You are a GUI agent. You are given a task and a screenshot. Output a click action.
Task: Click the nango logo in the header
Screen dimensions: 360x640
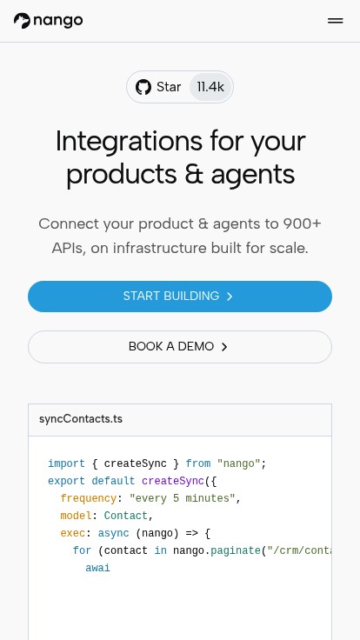point(48,20)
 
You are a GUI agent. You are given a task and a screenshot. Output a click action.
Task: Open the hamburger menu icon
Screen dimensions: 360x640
point(335,21)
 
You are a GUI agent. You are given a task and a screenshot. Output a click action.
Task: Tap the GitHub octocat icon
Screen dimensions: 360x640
point(143,87)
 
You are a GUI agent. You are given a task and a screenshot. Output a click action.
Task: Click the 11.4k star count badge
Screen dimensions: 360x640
point(210,87)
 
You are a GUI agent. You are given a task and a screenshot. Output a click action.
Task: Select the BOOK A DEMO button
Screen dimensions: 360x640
point(180,347)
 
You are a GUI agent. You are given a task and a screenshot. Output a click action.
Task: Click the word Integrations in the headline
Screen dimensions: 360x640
point(129,141)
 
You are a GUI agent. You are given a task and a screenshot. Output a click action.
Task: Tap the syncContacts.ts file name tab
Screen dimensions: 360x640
point(81,419)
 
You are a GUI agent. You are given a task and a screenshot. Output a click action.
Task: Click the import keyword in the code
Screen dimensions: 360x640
point(67,463)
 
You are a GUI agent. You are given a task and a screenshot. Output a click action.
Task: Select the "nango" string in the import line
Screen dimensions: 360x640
point(239,463)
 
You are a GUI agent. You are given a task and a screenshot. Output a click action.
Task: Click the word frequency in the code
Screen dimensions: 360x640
point(89,498)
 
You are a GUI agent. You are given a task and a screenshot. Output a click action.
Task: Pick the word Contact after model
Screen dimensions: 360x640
point(126,516)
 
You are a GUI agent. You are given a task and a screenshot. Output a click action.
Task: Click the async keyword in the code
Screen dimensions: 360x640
point(113,533)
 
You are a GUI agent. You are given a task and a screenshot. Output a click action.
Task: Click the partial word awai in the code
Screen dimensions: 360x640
point(98,568)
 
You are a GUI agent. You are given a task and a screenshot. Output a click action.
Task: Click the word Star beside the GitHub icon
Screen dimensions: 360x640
point(169,87)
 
